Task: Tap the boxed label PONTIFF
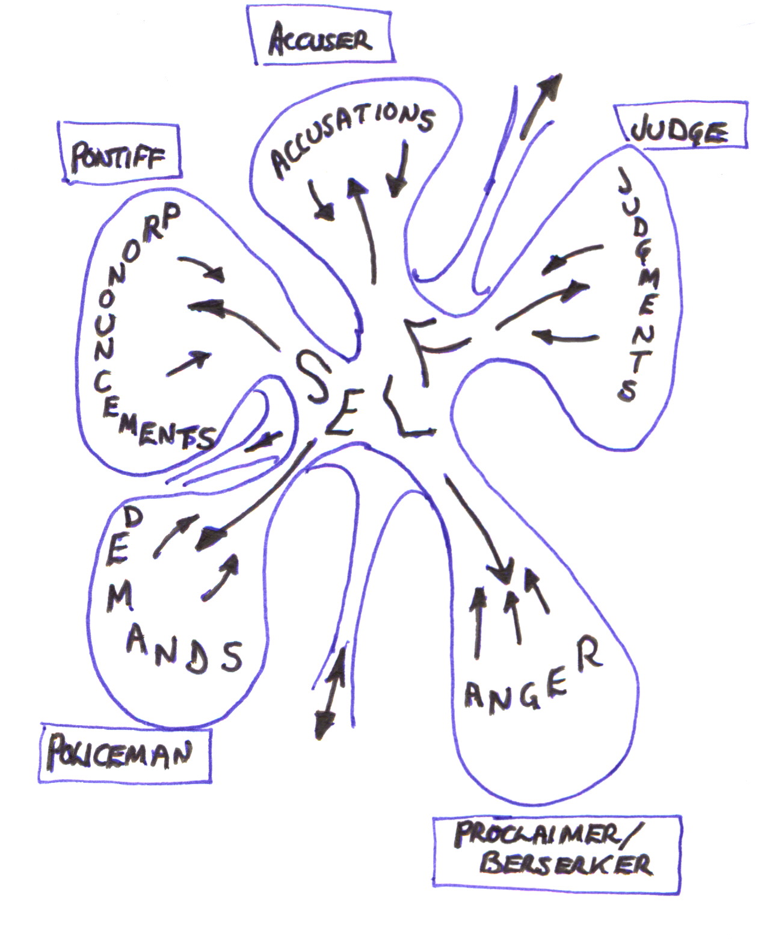pyautogui.click(x=118, y=156)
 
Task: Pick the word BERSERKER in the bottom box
pyautogui.click(x=565, y=864)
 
